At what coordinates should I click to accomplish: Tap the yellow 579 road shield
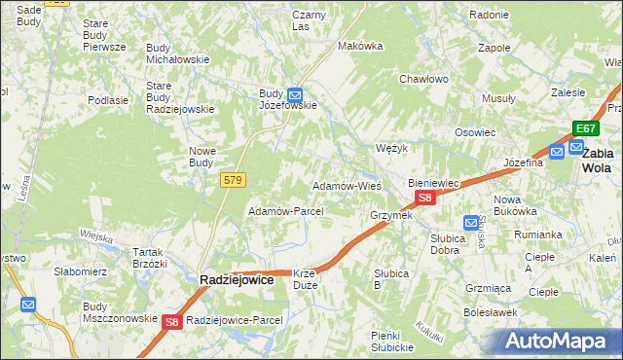click(x=233, y=180)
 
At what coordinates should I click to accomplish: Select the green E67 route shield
click(x=585, y=128)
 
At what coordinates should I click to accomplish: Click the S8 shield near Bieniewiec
click(x=423, y=198)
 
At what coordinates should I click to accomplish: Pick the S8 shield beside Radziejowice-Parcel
click(x=172, y=321)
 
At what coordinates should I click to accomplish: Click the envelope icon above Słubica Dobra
click(x=471, y=223)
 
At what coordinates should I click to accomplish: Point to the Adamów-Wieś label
click(x=346, y=185)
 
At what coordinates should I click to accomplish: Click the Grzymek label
click(x=391, y=215)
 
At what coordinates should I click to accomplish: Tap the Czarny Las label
click(x=309, y=20)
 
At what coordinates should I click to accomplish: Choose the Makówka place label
click(x=357, y=46)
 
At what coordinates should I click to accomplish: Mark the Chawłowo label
click(x=423, y=80)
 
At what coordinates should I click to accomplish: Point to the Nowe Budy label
click(x=202, y=156)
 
